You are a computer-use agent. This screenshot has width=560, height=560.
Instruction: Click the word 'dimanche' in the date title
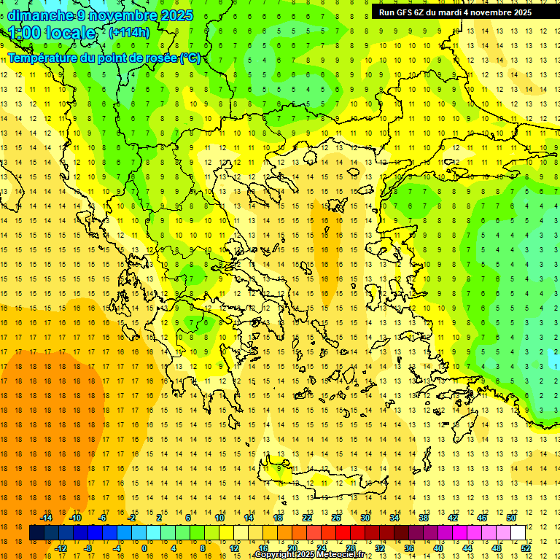(x=41, y=15)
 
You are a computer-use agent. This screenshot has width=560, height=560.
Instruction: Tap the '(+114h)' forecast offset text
(x=129, y=32)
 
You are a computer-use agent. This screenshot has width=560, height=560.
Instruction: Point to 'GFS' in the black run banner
(x=406, y=12)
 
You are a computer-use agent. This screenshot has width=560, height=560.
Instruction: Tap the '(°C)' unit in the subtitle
(x=190, y=58)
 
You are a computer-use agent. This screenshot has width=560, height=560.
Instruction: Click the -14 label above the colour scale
(x=46, y=518)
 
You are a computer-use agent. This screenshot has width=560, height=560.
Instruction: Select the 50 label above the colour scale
(x=510, y=518)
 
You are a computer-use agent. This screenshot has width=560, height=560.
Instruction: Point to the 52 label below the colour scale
(x=526, y=548)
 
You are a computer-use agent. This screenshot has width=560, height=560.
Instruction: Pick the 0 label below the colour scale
(x=144, y=548)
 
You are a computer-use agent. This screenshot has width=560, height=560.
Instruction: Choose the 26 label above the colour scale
(x=335, y=518)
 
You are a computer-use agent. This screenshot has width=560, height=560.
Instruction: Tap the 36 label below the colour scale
(x=409, y=548)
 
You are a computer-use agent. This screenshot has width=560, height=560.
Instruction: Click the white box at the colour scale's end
(x=518, y=532)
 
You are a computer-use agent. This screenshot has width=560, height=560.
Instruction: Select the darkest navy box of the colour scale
(x=37, y=532)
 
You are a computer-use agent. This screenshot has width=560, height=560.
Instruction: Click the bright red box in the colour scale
(x=343, y=532)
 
